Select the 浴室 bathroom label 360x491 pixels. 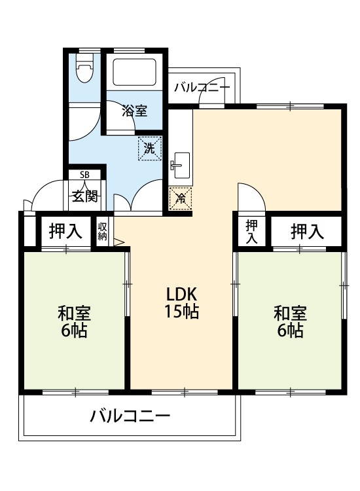click(x=134, y=111)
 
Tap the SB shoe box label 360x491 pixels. click(x=85, y=175)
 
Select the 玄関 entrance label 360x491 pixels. click(x=85, y=195)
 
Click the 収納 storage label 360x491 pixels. click(x=103, y=231)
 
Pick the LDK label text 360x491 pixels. click(x=181, y=293)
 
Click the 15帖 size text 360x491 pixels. click(x=181, y=312)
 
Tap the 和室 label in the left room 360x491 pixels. click(x=74, y=312)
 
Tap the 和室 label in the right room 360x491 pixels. click(x=289, y=312)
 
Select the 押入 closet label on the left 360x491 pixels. click(x=66, y=231)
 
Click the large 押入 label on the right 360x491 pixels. click(x=307, y=231)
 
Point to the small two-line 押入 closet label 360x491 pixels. click(x=252, y=231)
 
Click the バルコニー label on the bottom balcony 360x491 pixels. click(x=130, y=416)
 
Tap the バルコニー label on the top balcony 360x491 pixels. click(x=202, y=86)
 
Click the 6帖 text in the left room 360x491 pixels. click(x=74, y=331)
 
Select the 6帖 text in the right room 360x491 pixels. click(x=289, y=331)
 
